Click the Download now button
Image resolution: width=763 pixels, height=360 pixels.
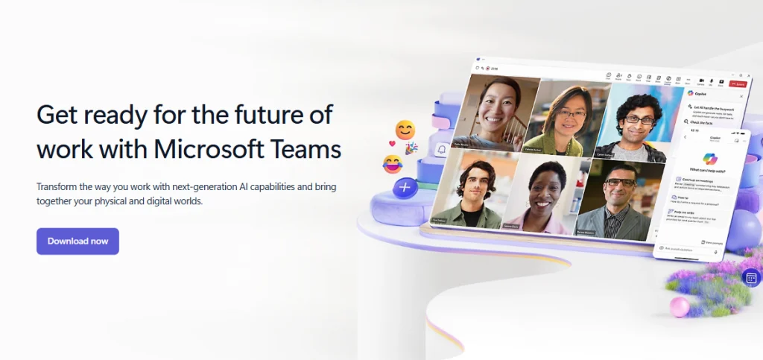77,241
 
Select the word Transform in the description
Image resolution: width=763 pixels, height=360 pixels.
60,186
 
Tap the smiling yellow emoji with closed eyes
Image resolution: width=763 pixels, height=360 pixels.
405,130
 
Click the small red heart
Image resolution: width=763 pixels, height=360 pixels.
392,143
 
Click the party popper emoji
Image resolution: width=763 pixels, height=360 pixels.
411,148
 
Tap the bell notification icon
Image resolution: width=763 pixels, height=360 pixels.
441,150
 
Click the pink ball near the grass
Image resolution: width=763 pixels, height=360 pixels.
680,306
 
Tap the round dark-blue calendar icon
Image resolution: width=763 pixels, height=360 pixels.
751,278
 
